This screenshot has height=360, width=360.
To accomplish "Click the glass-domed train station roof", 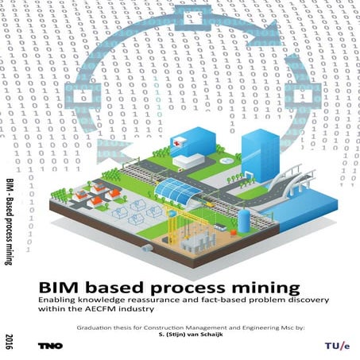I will (178, 190).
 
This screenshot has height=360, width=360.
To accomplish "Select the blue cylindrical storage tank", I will (244, 220).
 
